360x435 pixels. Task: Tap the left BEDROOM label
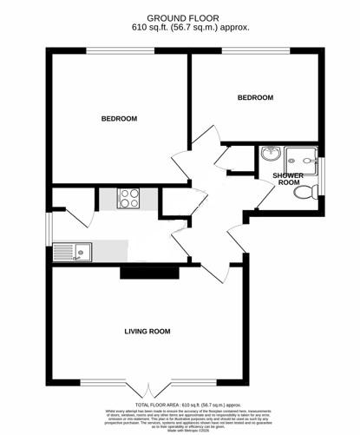pyautogui.click(x=119, y=118)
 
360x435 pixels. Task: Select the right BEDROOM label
pyautogui.click(x=255, y=97)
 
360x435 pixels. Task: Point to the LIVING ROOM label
pyautogui.click(x=145, y=331)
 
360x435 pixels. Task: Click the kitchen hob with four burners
pyautogui.click(x=128, y=198)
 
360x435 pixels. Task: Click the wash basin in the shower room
pyautogui.click(x=272, y=155)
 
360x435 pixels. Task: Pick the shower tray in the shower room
pyautogui.click(x=303, y=159)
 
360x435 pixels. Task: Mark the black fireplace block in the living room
pyautogui.click(x=148, y=273)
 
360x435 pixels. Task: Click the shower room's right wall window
pyautogui.click(x=322, y=170)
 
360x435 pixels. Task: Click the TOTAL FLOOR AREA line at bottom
pyautogui.click(x=180, y=403)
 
